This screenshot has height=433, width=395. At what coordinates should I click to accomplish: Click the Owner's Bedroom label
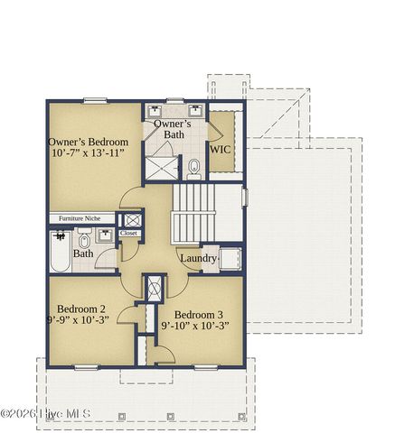[88, 143]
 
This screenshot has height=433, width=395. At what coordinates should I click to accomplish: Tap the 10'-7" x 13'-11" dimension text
[88, 154]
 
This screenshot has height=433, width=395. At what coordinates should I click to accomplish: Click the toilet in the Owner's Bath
[193, 168]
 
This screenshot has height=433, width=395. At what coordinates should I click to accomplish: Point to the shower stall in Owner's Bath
[163, 167]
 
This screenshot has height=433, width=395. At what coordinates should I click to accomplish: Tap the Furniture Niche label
[81, 218]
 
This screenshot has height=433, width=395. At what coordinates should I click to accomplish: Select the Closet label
[128, 233]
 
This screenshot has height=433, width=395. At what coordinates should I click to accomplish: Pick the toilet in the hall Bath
[84, 241]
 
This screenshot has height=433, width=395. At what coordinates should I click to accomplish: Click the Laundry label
[198, 259]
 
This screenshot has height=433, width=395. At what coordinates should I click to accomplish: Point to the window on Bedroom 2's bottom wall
[86, 366]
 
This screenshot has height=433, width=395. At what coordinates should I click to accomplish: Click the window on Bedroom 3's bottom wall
[206, 366]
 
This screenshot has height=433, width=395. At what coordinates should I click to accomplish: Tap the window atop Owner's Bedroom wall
[96, 100]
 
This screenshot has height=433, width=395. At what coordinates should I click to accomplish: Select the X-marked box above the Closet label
[132, 218]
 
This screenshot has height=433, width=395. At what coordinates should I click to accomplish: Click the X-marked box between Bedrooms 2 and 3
[154, 289]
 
